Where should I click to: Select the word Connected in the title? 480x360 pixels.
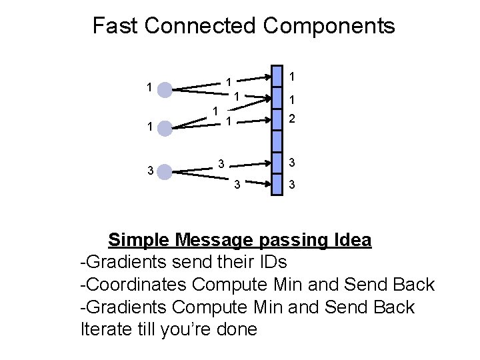tap(199, 26)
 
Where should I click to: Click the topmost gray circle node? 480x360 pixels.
tap(164, 88)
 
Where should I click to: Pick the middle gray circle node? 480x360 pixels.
tap(164, 127)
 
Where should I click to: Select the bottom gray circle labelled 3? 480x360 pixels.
tap(164, 172)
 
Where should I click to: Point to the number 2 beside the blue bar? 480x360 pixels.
tap(291, 120)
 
